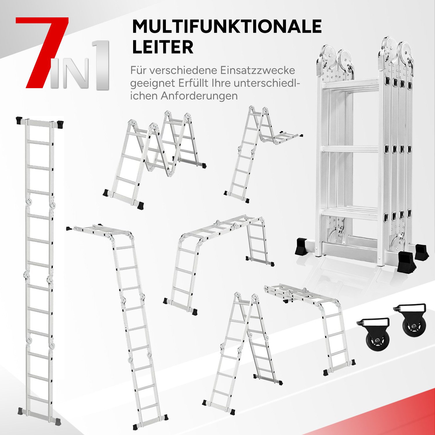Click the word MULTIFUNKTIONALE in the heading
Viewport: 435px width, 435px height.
[x=226, y=27]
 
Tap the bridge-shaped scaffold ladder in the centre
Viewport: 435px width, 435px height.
[x=217, y=261]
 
